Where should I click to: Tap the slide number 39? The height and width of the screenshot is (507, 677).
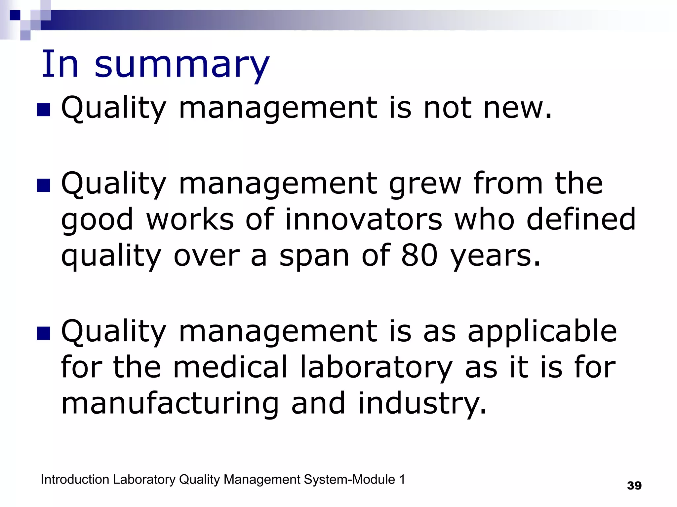[x=634, y=486]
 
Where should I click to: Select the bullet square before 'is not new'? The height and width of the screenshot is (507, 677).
[x=43, y=110]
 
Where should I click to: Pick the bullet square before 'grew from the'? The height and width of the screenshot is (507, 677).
[x=43, y=186]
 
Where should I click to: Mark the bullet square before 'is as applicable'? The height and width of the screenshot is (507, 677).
[x=43, y=333]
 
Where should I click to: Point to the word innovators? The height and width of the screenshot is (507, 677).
[x=363, y=219]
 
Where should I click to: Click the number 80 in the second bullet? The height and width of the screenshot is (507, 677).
[x=419, y=255]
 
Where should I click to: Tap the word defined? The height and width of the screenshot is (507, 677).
[x=581, y=219]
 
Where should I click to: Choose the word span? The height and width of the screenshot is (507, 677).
[x=314, y=257]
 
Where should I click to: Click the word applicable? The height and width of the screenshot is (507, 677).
[x=542, y=332]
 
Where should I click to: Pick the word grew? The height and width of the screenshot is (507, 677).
[x=425, y=184]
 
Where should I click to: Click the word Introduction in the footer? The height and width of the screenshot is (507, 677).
[x=75, y=480]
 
